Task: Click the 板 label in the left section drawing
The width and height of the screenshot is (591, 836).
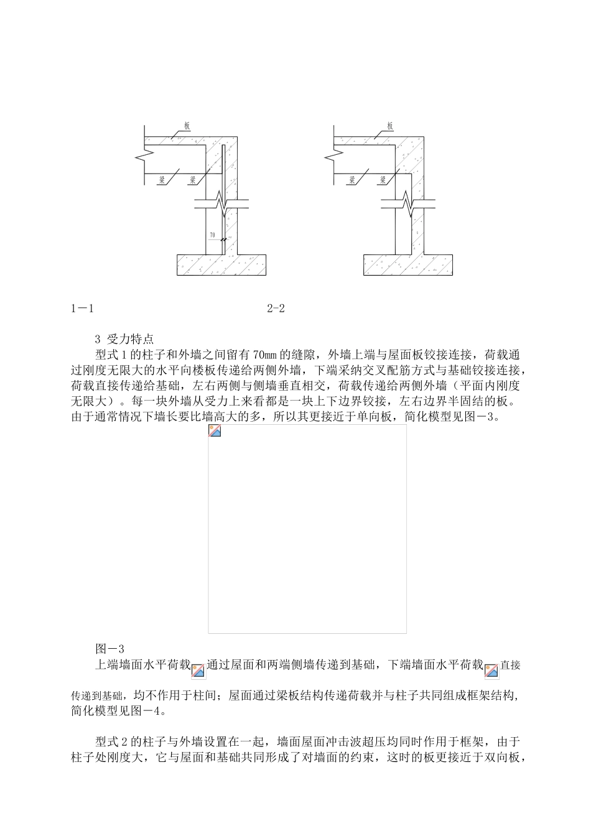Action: pyautogui.click(x=187, y=126)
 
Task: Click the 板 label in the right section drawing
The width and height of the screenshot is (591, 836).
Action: pyautogui.click(x=390, y=126)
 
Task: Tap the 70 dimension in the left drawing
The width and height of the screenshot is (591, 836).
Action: pyautogui.click(x=213, y=236)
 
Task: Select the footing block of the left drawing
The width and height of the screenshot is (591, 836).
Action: pyautogui.click(x=221, y=264)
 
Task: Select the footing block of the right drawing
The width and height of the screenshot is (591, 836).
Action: pyautogui.click(x=407, y=264)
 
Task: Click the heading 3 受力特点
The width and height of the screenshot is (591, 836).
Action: pyautogui.click(x=124, y=340)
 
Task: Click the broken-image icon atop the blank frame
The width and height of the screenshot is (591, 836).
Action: pyautogui.click(x=215, y=431)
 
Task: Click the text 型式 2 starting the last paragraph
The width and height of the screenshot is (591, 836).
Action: pyautogui.click(x=112, y=741)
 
